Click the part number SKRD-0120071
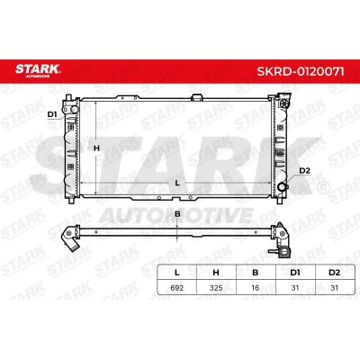pyautogui.click(x=301, y=72)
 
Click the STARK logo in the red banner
pyautogui.click(x=38, y=70)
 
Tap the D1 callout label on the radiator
pyautogui.click(x=52, y=114)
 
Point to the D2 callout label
pyautogui.click(x=304, y=171)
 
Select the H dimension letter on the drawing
pyautogui.click(x=96, y=148)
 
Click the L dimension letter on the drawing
pyautogui.click(x=177, y=183)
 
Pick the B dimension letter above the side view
pyautogui.click(x=177, y=214)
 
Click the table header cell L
pyautogui.click(x=177, y=273)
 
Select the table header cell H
pyautogui.click(x=216, y=273)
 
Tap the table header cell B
pyautogui.click(x=256, y=273)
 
